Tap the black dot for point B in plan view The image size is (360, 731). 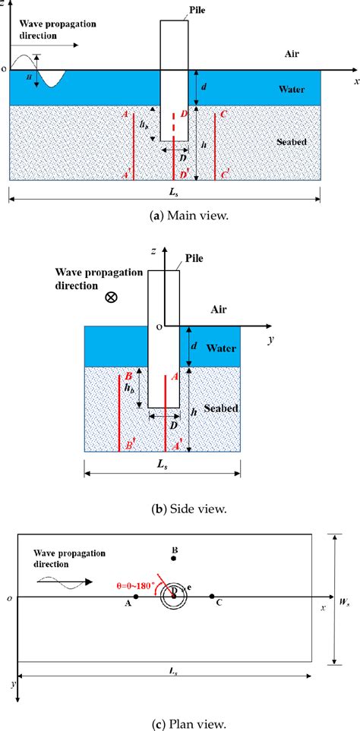tap(175, 559)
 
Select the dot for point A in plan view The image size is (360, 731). tap(136, 596)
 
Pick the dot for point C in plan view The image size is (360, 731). tap(212, 596)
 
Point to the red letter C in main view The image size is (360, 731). tap(223, 115)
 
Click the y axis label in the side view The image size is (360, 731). tap(269, 340)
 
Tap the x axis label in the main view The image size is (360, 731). tap(355, 79)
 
